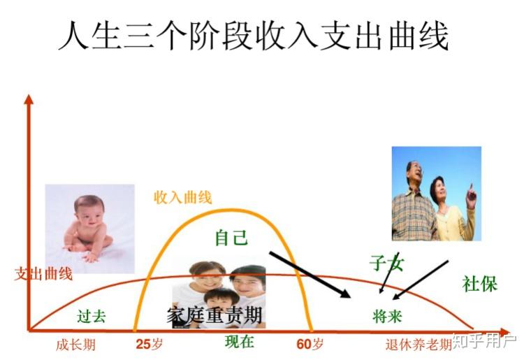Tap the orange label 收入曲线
(182, 197)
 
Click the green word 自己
(231, 237)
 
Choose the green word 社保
(479, 284)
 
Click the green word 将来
(388, 316)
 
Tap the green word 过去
(92, 316)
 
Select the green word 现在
(239, 342)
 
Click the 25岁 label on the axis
(148, 344)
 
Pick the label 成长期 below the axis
(75, 345)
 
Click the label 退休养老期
(419, 345)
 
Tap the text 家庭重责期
(214, 315)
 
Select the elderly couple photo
(436, 193)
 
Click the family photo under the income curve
(219, 287)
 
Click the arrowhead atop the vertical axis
(29, 99)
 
